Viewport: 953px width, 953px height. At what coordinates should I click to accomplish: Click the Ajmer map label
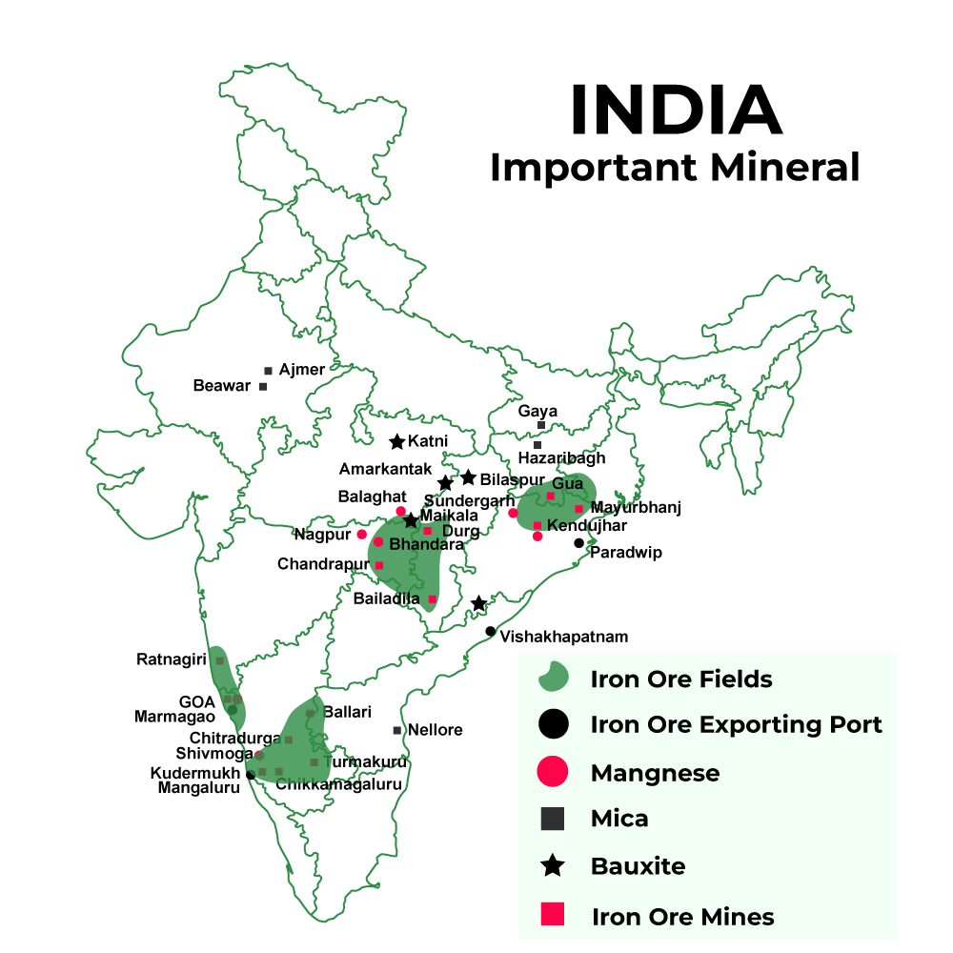click(x=302, y=369)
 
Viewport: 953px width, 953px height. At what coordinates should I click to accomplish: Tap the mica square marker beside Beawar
click(x=263, y=386)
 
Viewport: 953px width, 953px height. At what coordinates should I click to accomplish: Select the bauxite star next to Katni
click(x=397, y=442)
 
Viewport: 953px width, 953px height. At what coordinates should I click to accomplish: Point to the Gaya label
click(x=537, y=411)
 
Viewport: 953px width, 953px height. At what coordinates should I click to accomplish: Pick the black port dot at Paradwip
click(x=578, y=543)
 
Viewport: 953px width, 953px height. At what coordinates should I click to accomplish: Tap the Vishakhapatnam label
click(x=564, y=637)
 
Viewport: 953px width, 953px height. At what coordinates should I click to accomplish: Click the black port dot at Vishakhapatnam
click(x=490, y=631)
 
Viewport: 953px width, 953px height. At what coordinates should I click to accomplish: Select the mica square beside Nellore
click(x=397, y=730)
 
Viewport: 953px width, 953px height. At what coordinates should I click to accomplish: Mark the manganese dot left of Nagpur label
click(x=362, y=534)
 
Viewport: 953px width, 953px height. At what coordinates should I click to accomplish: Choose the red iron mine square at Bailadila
click(x=432, y=599)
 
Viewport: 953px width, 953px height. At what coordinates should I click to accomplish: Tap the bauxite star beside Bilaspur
click(x=468, y=477)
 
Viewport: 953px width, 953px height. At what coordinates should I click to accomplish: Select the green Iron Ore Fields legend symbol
click(x=553, y=679)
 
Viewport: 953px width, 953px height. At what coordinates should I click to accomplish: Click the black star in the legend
click(x=553, y=866)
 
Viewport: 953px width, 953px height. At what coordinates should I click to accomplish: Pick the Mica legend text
click(x=619, y=819)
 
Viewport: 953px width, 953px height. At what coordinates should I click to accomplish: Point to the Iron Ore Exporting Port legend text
click(x=736, y=724)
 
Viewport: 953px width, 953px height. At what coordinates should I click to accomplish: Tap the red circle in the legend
click(x=553, y=772)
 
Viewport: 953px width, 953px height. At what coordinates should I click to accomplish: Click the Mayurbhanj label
click(x=636, y=507)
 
